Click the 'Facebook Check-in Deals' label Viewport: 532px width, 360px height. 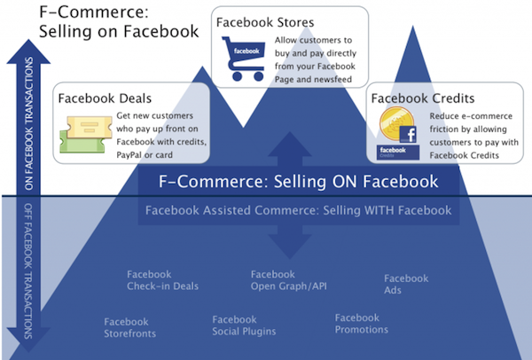(162, 280)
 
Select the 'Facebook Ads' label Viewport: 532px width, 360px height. (406, 284)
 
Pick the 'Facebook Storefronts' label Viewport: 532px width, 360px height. (130, 327)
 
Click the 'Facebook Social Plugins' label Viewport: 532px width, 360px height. (244, 325)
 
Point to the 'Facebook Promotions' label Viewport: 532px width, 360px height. (361, 324)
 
